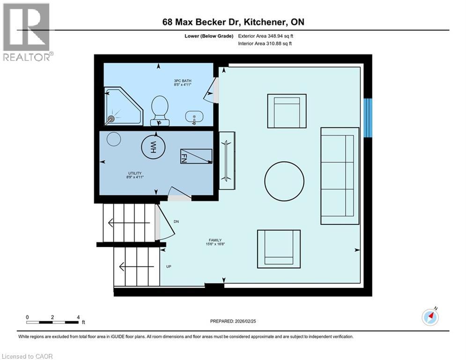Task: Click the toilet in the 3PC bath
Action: pyautogui.click(x=160, y=110)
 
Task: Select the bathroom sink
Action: pyautogui.click(x=194, y=116)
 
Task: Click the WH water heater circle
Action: pyautogui.click(x=153, y=147)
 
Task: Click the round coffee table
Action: pyautogui.click(x=284, y=181)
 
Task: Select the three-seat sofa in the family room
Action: pyautogui.click(x=337, y=176)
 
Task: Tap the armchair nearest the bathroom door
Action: pyautogui.click(x=287, y=111)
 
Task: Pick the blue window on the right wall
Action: pyautogui.click(x=368, y=118)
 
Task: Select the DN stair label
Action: pyautogui.click(x=176, y=222)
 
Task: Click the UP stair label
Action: pyautogui.click(x=169, y=267)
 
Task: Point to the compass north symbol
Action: pyautogui.click(x=430, y=317)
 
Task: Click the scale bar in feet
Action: pyautogui.click(x=52, y=322)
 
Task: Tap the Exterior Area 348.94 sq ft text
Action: pyautogui.click(x=266, y=36)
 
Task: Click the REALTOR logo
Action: pyautogui.click(x=27, y=31)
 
